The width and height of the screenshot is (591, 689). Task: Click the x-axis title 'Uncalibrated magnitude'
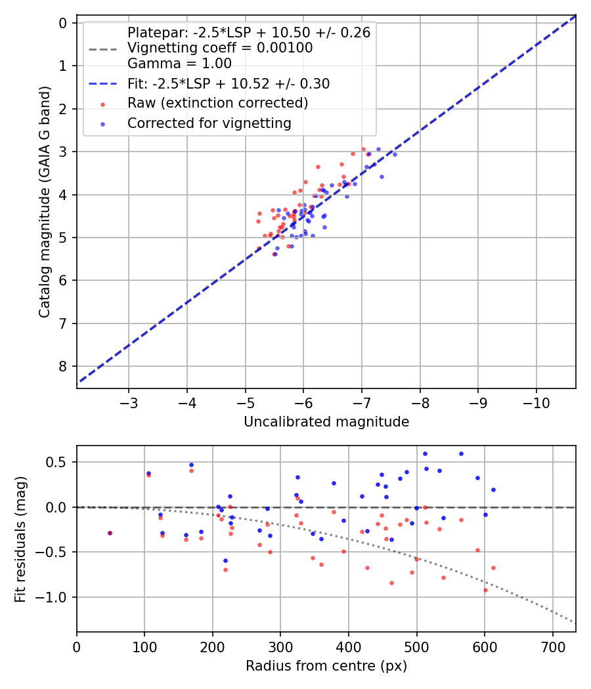(326, 422)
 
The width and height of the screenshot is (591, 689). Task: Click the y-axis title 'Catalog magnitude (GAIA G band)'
(44, 205)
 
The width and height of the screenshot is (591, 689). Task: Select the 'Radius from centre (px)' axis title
(326, 666)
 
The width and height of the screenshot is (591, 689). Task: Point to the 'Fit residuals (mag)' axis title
(20, 538)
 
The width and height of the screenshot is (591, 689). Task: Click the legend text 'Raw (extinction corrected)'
(217, 103)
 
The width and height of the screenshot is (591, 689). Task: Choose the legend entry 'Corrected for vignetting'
(209, 123)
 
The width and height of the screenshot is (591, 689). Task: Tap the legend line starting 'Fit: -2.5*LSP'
(229, 83)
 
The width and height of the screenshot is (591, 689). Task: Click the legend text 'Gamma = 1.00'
(179, 64)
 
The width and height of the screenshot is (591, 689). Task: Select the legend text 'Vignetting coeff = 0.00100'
(220, 48)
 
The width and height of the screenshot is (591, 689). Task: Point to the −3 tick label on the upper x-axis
(129, 401)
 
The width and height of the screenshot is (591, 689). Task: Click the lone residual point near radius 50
(110, 533)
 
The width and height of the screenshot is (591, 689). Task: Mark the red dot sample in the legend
(102, 104)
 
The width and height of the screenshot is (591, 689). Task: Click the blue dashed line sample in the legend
(102, 84)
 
